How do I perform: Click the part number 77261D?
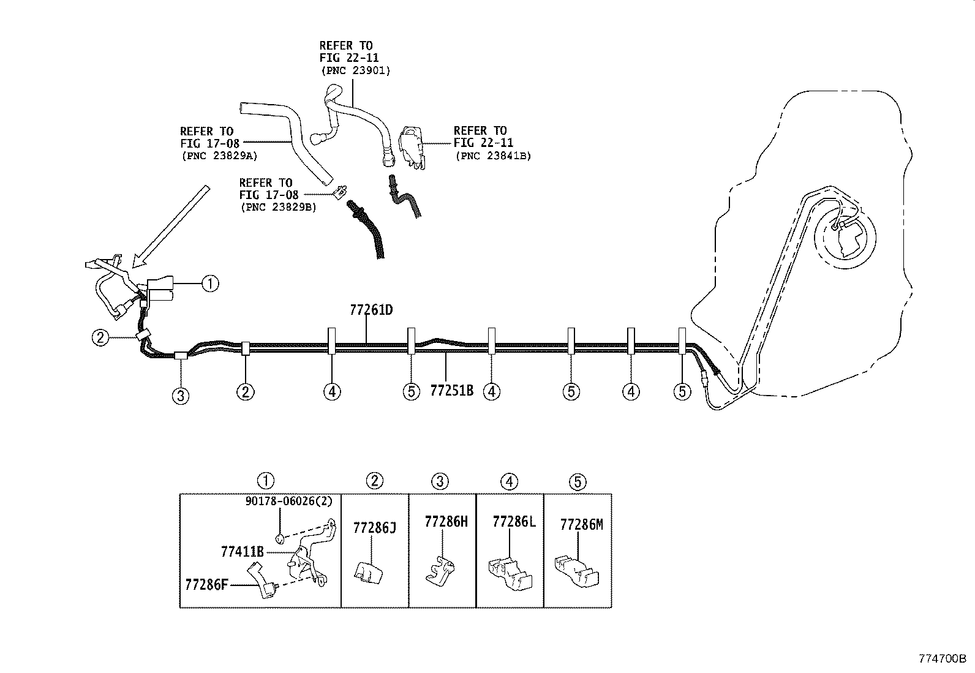(371, 310)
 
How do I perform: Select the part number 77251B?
(451, 390)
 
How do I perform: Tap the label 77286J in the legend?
(374, 528)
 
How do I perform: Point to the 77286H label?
(446, 522)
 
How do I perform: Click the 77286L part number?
(514, 522)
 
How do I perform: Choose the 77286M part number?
(581, 525)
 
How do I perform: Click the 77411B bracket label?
(242, 552)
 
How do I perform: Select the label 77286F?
(206, 584)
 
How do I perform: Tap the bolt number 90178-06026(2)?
(288, 501)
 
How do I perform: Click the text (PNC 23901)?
(355, 70)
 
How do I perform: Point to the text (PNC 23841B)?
(493, 156)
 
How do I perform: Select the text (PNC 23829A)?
(219, 156)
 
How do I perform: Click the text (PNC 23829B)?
(278, 208)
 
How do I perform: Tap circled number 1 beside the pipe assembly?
(210, 284)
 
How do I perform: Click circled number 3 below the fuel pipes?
(180, 396)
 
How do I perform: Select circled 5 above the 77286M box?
(578, 482)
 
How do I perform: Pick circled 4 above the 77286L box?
(510, 482)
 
